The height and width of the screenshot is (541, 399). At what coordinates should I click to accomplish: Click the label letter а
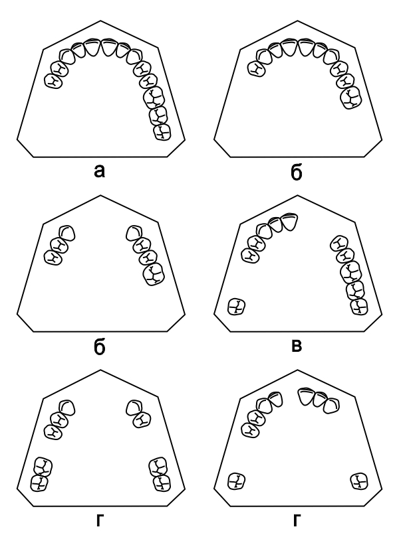tap(99, 171)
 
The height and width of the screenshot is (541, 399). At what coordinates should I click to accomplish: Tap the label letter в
tap(297, 346)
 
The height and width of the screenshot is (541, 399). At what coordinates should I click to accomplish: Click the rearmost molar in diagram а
tap(162, 132)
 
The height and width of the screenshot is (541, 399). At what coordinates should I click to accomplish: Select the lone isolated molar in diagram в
tap(237, 307)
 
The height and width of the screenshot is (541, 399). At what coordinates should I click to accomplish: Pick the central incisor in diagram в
tap(290, 222)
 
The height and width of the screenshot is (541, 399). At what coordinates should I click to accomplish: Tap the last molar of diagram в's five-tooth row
tap(359, 307)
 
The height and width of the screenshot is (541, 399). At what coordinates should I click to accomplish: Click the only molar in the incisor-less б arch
tap(153, 274)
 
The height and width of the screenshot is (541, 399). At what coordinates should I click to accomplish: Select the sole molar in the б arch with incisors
tap(351, 98)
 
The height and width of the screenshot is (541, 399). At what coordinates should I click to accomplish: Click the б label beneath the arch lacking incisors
tap(99, 348)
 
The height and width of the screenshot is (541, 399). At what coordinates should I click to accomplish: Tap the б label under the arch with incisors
tap(297, 173)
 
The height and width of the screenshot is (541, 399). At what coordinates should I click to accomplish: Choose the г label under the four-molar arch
tap(99, 520)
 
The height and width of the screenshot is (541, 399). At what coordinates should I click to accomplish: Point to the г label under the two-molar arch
tap(297, 520)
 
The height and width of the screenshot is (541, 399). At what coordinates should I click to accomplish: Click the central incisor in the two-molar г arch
tap(306, 396)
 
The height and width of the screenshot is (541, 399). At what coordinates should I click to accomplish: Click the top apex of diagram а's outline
tap(100, 21)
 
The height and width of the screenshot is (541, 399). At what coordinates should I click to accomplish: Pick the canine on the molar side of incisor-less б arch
tap(134, 233)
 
